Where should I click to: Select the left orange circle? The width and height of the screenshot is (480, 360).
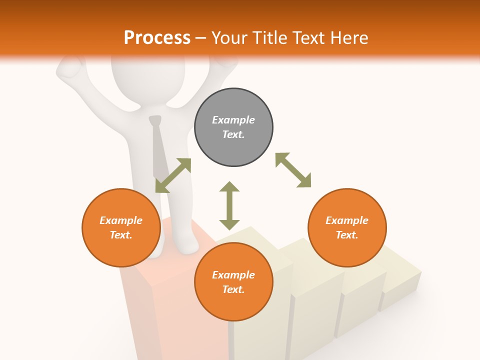(x=121, y=227)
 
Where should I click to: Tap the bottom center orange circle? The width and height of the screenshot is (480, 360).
(x=233, y=282)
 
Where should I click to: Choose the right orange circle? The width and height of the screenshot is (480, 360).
(x=347, y=227)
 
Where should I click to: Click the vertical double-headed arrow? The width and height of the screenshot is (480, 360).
(x=229, y=205)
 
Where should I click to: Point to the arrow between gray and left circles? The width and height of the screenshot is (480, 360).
(x=173, y=175)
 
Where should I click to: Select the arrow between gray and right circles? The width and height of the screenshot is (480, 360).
(x=293, y=170)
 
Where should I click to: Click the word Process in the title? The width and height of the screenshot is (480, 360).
(x=157, y=37)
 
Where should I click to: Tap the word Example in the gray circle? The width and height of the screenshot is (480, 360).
(x=233, y=120)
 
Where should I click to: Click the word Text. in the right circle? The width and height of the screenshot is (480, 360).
(x=347, y=235)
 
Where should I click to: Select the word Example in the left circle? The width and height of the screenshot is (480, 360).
(x=121, y=220)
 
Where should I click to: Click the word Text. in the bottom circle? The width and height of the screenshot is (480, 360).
(x=233, y=289)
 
